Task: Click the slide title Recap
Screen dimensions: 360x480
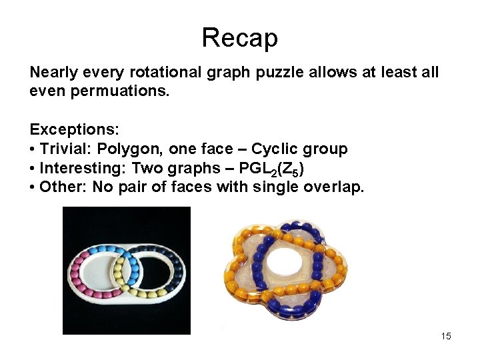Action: click(239, 37)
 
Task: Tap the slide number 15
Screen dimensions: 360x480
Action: click(446, 336)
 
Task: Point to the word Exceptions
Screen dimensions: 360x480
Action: click(69, 129)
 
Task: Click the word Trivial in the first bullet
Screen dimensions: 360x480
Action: click(64, 149)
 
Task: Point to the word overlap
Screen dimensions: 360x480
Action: click(333, 187)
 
